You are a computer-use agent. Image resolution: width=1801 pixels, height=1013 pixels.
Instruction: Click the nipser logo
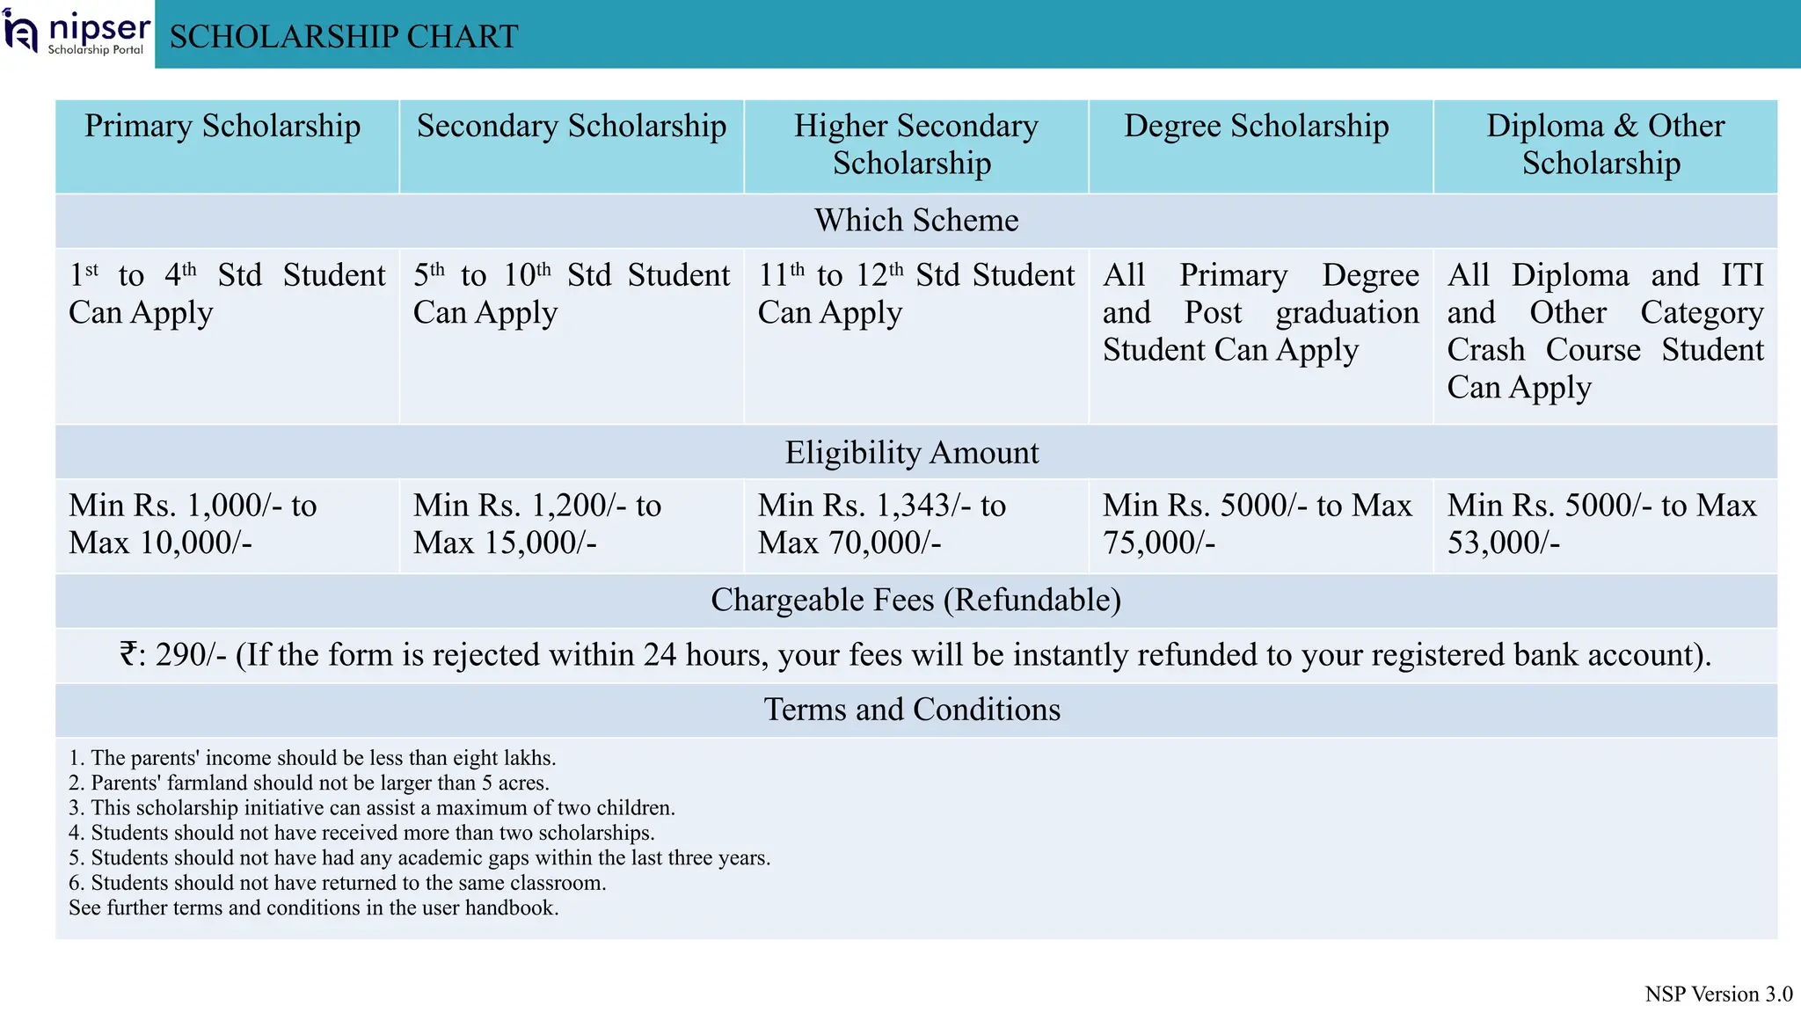click(77, 33)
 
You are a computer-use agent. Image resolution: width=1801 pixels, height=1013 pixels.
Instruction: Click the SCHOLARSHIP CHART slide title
click(344, 37)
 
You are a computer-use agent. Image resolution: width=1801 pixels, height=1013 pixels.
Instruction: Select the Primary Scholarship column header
click(222, 127)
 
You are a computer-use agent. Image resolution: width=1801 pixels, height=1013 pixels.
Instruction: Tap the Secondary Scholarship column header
click(572, 127)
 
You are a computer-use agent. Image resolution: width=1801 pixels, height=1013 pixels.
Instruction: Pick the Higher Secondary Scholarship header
click(915, 145)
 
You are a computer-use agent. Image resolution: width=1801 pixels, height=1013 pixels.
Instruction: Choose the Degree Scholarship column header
click(1257, 127)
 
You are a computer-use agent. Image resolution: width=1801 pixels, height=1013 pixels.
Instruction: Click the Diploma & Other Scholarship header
click(1605, 145)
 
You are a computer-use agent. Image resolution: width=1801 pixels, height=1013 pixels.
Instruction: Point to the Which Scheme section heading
click(916, 221)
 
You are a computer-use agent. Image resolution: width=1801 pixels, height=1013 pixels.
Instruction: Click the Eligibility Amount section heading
click(912, 453)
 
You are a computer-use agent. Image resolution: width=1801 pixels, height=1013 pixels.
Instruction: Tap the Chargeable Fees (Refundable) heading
click(915, 601)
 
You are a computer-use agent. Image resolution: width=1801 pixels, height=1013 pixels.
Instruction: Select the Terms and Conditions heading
click(912, 710)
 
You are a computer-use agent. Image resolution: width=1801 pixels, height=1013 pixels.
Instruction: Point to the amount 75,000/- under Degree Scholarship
click(1159, 543)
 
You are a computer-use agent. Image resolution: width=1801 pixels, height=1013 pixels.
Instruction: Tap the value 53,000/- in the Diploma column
click(1504, 543)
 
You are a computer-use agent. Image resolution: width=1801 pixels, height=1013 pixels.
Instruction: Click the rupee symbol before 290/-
click(128, 655)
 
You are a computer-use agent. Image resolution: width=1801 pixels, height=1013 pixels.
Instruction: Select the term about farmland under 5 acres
click(309, 783)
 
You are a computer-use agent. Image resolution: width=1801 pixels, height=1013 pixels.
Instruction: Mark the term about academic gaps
click(419, 858)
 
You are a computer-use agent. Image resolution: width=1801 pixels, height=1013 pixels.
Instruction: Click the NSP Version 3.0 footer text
click(1718, 995)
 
